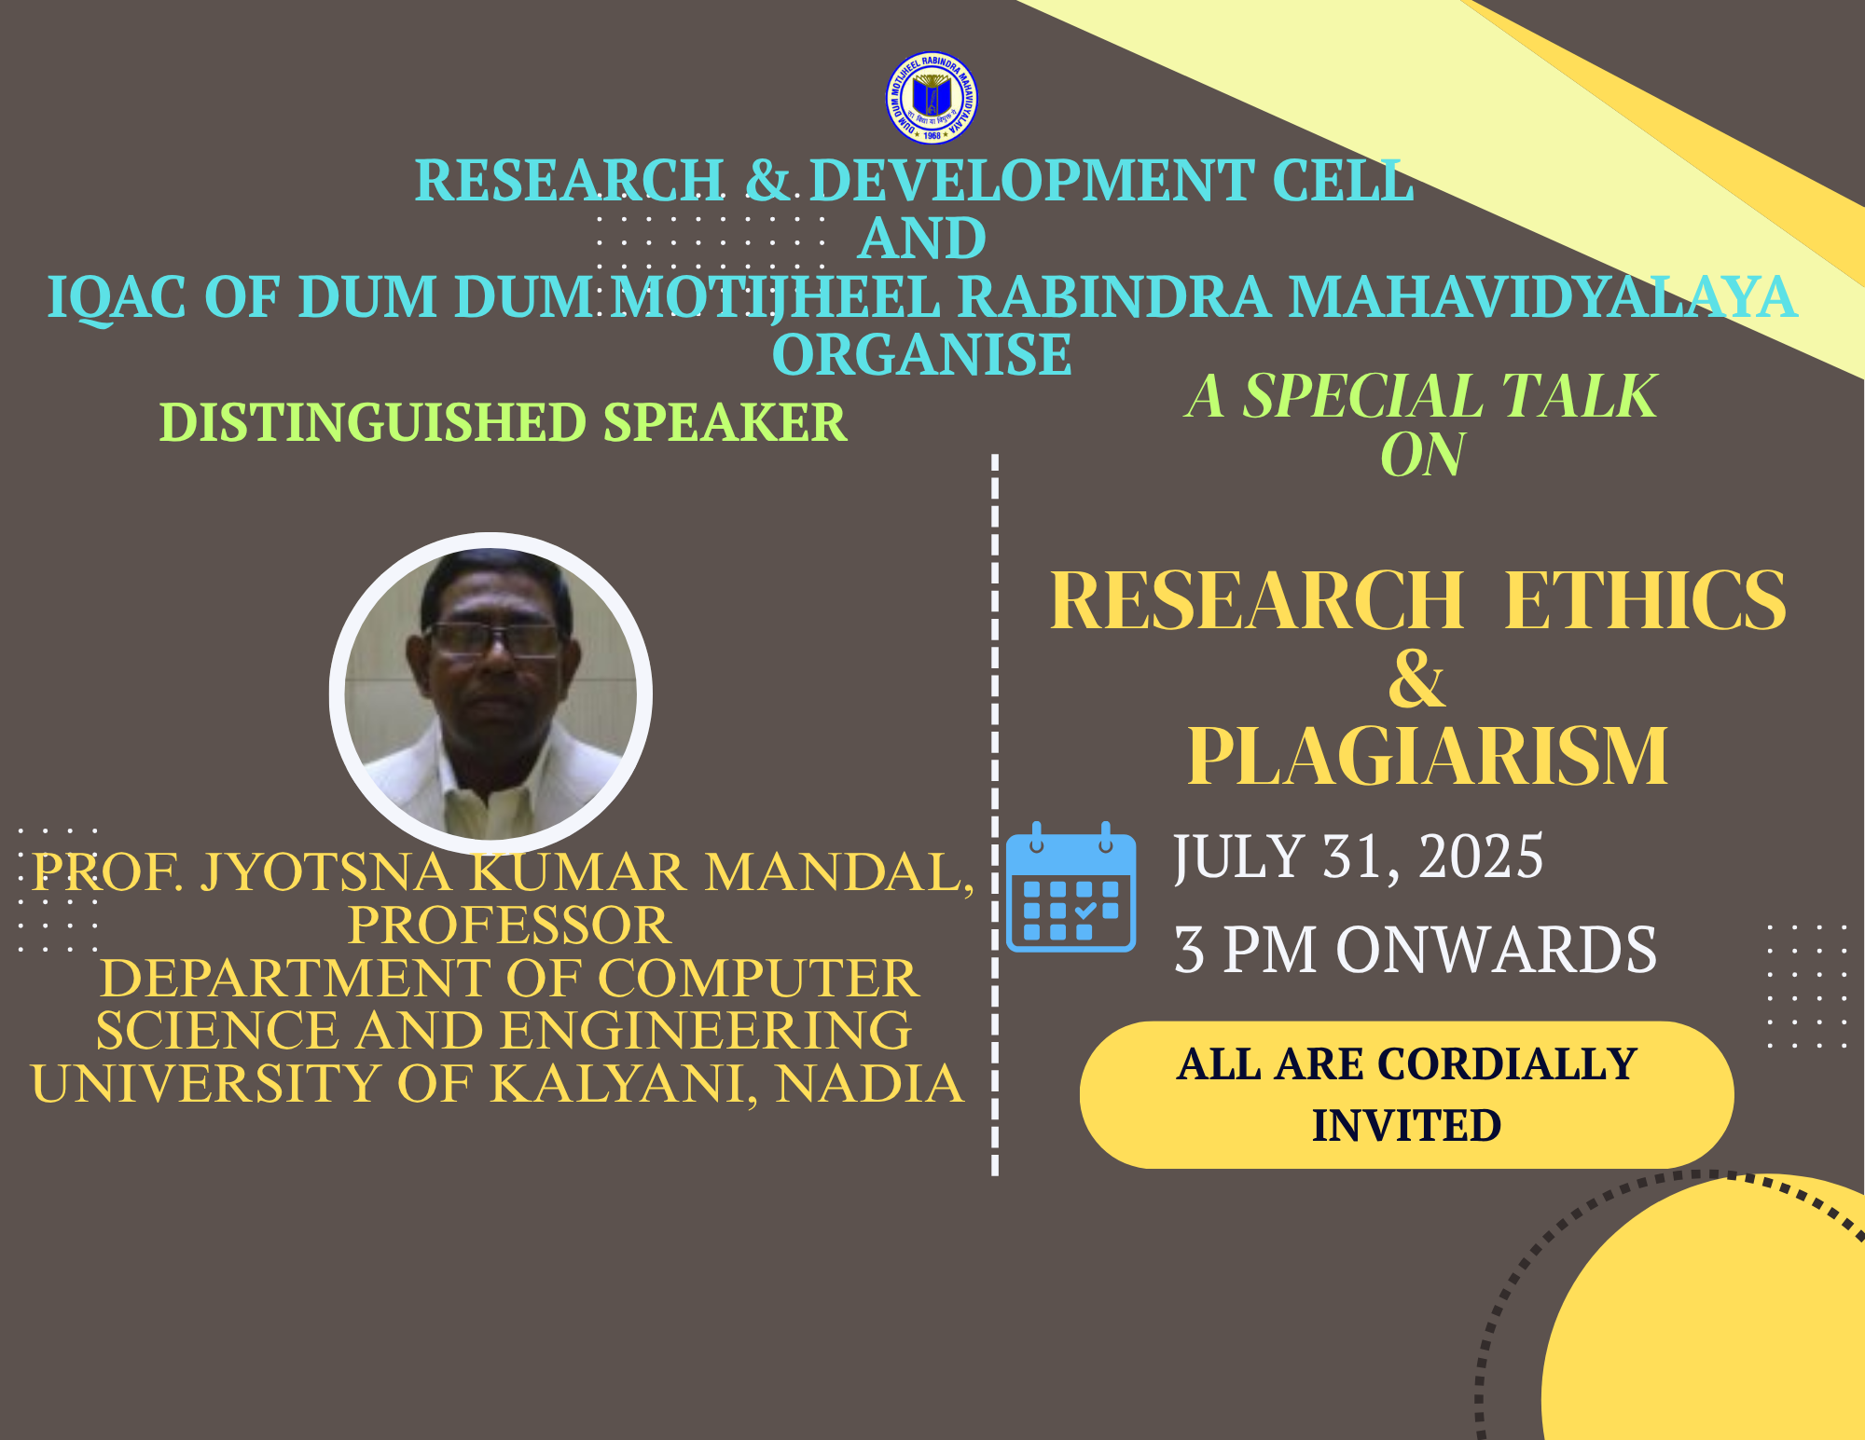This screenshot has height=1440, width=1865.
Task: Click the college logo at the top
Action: pos(932,98)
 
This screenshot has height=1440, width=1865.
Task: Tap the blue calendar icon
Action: pos(1071,886)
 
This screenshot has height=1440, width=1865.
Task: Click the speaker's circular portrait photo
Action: pos(490,693)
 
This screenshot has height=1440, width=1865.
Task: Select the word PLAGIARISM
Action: pos(1428,756)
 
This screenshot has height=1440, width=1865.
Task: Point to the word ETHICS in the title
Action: pos(1646,600)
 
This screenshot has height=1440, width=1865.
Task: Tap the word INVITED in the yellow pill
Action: pos(1406,1125)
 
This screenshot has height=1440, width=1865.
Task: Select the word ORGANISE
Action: pos(922,354)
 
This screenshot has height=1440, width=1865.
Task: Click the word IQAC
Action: pos(117,297)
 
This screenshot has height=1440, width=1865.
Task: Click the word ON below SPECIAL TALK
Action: pos(1422,455)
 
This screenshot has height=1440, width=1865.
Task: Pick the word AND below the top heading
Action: pos(922,239)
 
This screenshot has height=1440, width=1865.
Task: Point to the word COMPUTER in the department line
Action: pos(758,978)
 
